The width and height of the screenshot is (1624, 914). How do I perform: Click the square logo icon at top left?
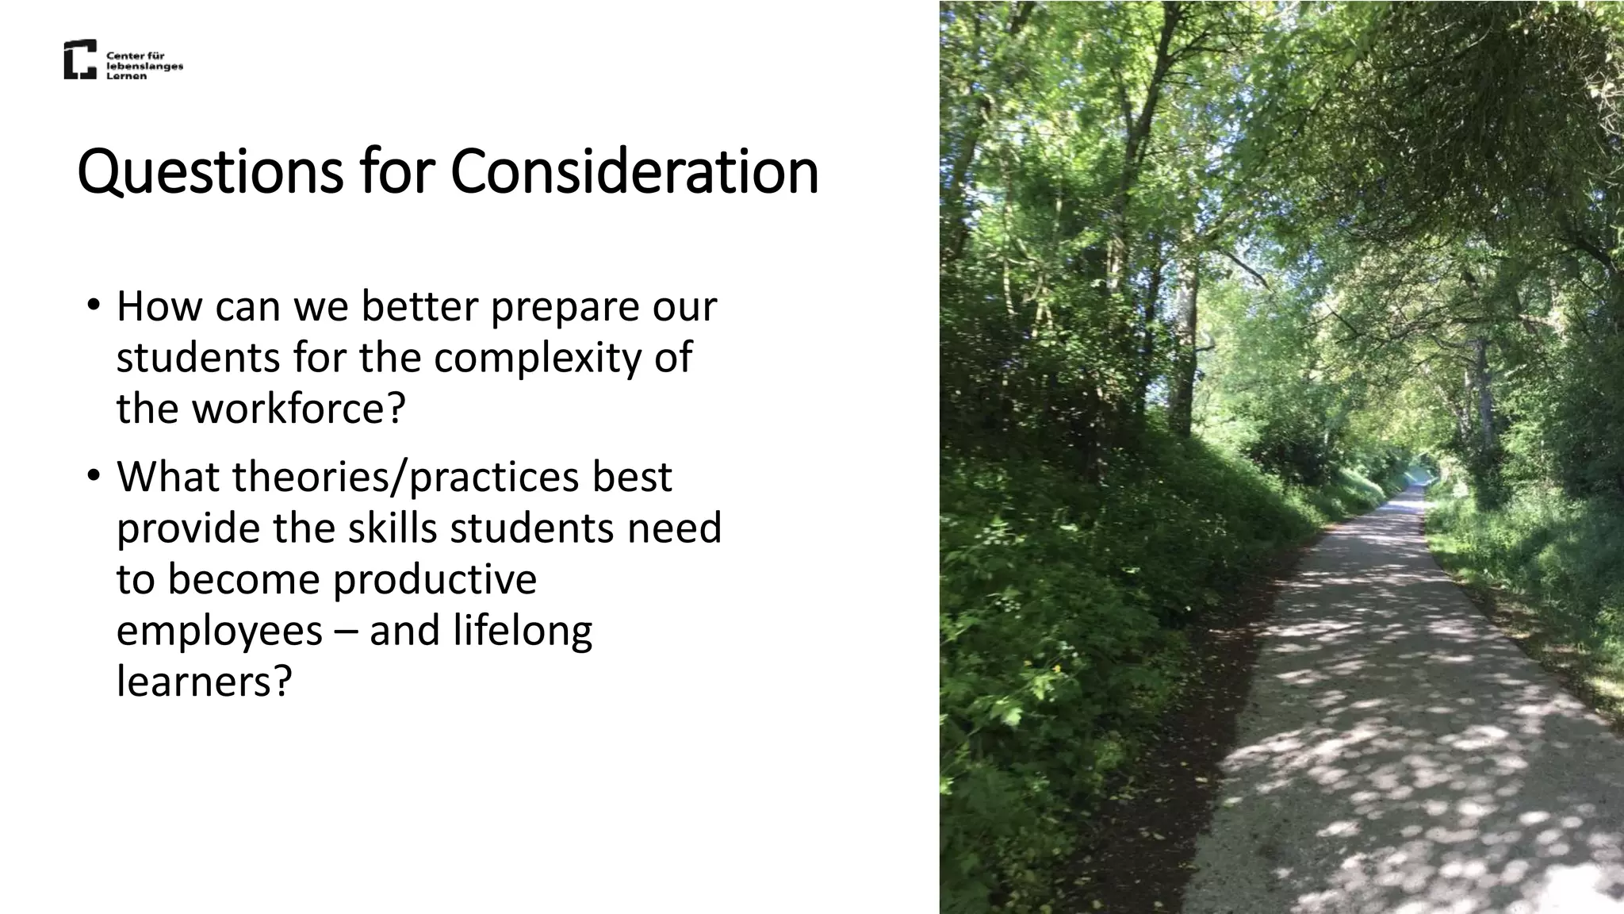click(80, 60)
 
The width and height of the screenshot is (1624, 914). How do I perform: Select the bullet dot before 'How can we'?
click(94, 305)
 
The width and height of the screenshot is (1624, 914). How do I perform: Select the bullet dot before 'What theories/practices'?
click(94, 475)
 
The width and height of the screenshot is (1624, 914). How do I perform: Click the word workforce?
click(298, 409)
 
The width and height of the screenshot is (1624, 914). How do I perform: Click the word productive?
click(435, 579)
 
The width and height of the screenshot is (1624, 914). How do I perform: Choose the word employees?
click(220, 631)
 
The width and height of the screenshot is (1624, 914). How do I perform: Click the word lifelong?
click(523, 631)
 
